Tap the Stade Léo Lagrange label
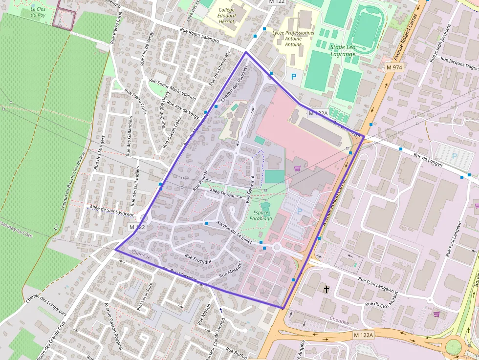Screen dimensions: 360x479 (x=343, y=50)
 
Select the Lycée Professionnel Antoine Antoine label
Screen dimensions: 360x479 (x=293, y=39)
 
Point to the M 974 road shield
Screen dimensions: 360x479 (x=394, y=67)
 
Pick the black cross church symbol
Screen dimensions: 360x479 (x=327, y=290)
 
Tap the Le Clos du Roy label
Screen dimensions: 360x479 (x=38, y=12)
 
